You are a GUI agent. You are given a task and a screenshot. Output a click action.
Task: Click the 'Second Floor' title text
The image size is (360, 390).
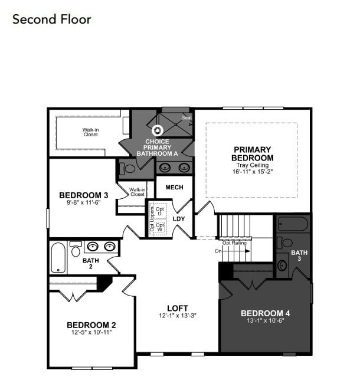pyautogui.click(x=52, y=19)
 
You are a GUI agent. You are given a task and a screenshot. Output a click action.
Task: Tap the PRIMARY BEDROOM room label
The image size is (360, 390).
pyautogui.click(x=253, y=154)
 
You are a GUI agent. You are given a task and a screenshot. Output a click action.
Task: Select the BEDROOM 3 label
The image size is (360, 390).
pyautogui.click(x=83, y=195)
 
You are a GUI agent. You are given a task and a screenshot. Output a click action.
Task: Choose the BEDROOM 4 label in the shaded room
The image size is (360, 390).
pyautogui.click(x=265, y=313)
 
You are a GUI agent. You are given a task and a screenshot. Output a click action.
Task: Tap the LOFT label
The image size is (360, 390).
pyautogui.click(x=177, y=308)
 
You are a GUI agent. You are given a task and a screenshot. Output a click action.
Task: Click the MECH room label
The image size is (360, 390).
pyautogui.click(x=174, y=188)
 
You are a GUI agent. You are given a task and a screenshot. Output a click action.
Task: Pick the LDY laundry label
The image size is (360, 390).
pyautogui.click(x=179, y=219)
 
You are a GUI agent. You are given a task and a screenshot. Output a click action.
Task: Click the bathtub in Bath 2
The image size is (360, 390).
pyautogui.click(x=58, y=257)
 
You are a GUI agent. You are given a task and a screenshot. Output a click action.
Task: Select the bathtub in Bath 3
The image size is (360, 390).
pyautogui.click(x=293, y=224)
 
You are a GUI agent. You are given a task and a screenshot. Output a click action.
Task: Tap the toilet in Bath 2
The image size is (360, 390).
pyautogui.click(x=76, y=250)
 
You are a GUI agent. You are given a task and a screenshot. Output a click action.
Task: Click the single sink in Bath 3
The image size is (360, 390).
pyautogui.click(x=282, y=265)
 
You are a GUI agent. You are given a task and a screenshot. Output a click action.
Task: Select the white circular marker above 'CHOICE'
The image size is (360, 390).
pyautogui.click(x=157, y=130)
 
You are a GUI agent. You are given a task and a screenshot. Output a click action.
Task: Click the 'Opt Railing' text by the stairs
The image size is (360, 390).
pyautogui.click(x=234, y=242)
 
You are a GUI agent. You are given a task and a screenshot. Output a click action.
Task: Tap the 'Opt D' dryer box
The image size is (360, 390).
pyautogui.click(x=159, y=211)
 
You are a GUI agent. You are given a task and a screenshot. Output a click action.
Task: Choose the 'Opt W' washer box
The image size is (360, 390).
pyautogui.click(x=159, y=227)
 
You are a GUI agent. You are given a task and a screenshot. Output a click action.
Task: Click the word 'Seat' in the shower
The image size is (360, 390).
pyautogui.click(x=186, y=118)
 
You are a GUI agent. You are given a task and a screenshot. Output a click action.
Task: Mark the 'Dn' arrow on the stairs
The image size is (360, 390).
pyautogui.click(x=219, y=251)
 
